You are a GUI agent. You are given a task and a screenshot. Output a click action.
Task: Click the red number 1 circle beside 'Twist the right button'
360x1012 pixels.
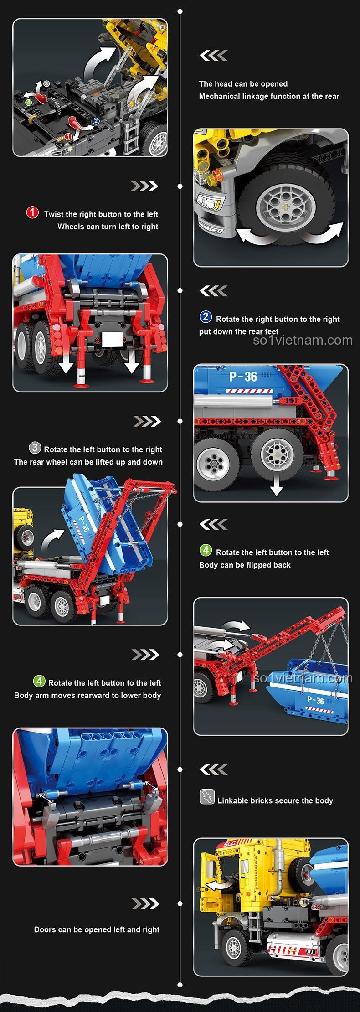[32, 212]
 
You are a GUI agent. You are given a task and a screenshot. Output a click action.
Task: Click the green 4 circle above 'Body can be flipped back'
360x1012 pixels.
[206, 550]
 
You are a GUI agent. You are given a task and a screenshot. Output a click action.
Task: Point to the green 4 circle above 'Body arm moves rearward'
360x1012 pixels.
[39, 681]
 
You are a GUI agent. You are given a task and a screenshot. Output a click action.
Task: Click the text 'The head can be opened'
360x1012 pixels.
[243, 84]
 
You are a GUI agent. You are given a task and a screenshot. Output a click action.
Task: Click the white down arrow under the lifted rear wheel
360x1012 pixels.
[276, 489]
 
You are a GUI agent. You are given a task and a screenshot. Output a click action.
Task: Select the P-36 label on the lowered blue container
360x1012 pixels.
[315, 701]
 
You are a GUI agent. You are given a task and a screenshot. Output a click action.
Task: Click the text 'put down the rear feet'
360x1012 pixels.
[238, 332]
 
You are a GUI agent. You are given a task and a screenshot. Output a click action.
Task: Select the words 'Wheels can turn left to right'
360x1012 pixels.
[108, 227]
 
